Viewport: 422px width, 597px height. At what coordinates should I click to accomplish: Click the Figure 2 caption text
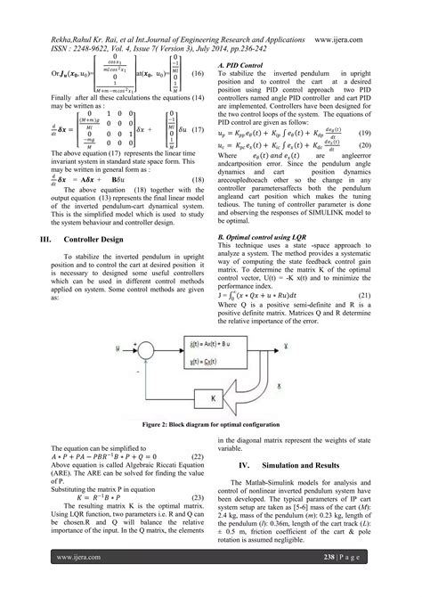[x=210, y=427]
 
